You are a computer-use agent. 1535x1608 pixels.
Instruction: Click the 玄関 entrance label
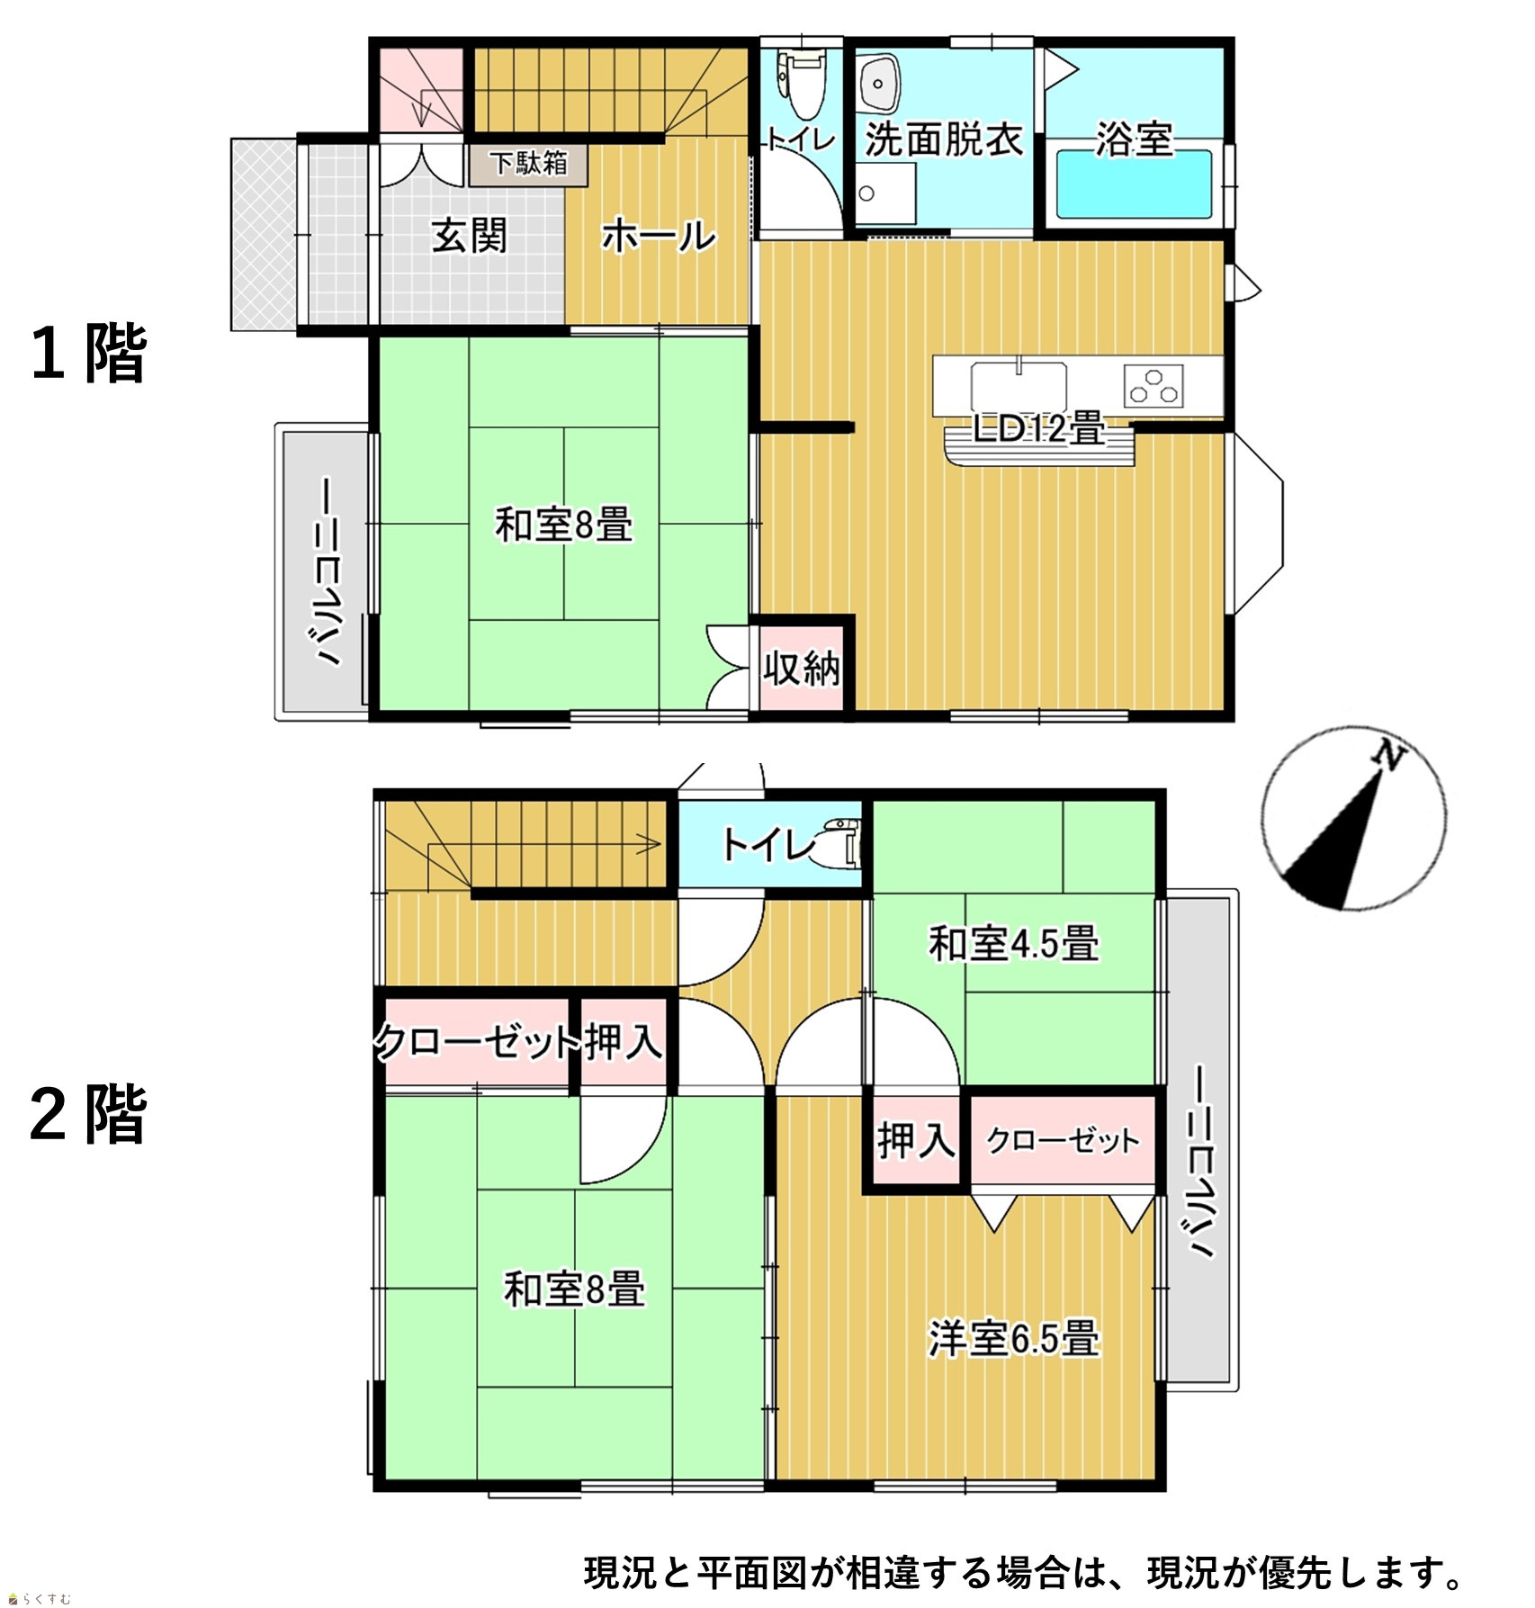tap(469, 236)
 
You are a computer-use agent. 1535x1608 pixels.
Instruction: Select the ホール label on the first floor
tap(659, 237)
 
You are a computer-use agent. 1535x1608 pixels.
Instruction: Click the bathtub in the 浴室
tap(1135, 184)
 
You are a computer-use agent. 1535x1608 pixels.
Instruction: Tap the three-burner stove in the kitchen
tap(1153, 386)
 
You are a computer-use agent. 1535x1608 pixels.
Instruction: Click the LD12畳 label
tap(1039, 429)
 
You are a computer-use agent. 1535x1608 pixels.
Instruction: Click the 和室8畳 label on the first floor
tap(563, 525)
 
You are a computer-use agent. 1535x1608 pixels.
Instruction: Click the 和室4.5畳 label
tap(1013, 944)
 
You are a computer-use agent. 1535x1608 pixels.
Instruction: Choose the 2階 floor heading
tap(88, 1114)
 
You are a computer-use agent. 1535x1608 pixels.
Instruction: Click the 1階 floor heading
tap(88, 353)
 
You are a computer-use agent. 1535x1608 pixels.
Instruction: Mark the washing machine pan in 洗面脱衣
tap(885, 193)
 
